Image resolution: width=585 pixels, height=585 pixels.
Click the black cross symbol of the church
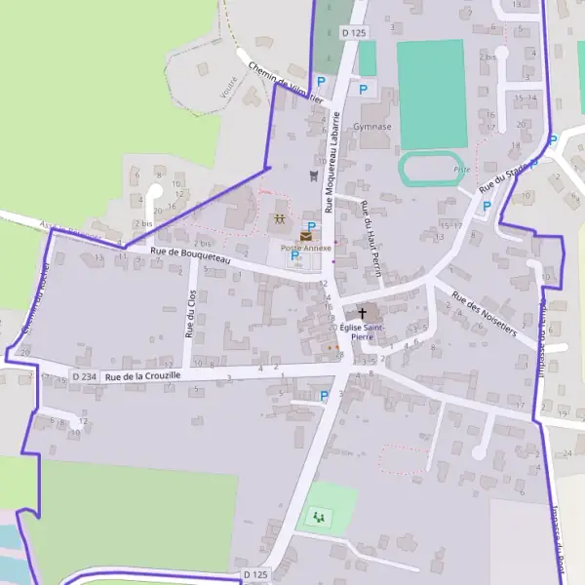pyautogui.click(x=364, y=313)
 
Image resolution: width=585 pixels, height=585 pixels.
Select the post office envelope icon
pyautogui.click(x=306, y=236)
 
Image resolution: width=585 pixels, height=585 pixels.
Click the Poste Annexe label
pyautogui.click(x=306, y=249)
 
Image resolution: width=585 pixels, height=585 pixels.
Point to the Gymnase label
pyautogui.click(x=373, y=127)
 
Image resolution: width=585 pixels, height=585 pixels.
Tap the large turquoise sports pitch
pyautogui.click(x=430, y=93)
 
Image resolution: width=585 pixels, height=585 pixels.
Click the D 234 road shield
pyautogui.click(x=85, y=376)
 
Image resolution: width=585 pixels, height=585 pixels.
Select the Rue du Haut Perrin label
pyautogui.click(x=370, y=227)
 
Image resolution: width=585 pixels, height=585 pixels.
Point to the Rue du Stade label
pyautogui.click(x=503, y=178)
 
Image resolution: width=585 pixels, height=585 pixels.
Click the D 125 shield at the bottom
pyautogui.click(x=255, y=575)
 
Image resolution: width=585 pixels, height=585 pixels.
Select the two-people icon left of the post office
pyautogui.click(x=280, y=220)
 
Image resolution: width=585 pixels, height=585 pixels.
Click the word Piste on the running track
pyautogui.click(x=461, y=169)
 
